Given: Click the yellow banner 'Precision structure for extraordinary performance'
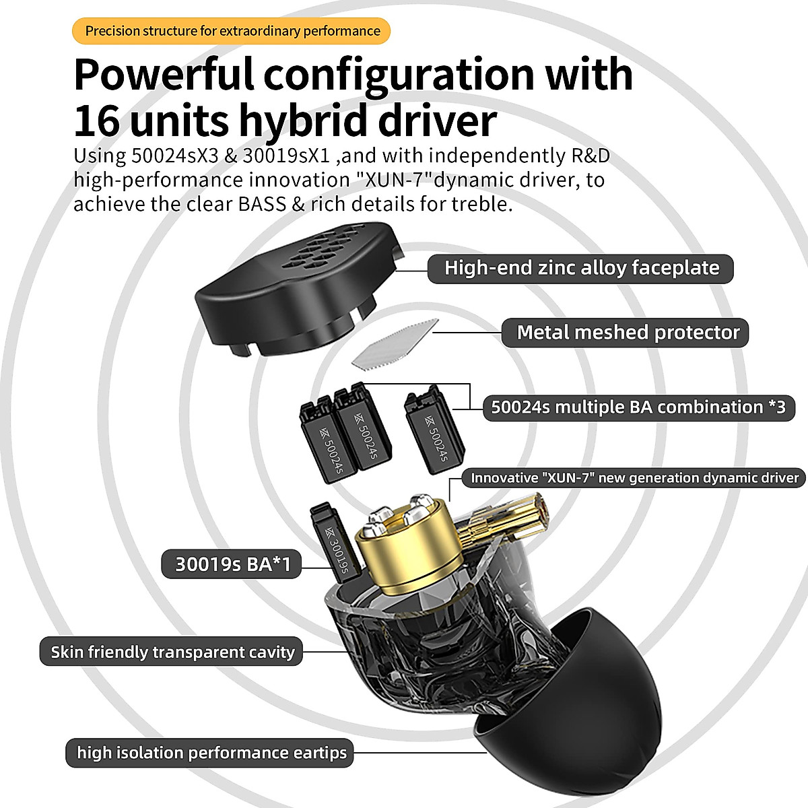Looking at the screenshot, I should point(232,31).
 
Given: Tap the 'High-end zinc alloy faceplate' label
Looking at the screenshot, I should point(581,268).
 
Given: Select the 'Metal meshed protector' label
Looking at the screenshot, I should point(628,333).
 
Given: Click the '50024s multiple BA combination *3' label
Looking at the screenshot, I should point(638,407).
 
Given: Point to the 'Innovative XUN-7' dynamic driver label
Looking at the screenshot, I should point(634,478).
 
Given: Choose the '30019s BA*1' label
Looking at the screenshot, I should point(232,564).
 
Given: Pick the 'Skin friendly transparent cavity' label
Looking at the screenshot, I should point(172,652).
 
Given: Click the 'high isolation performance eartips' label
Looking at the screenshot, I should point(211,752).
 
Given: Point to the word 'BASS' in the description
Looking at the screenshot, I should point(263,203).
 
